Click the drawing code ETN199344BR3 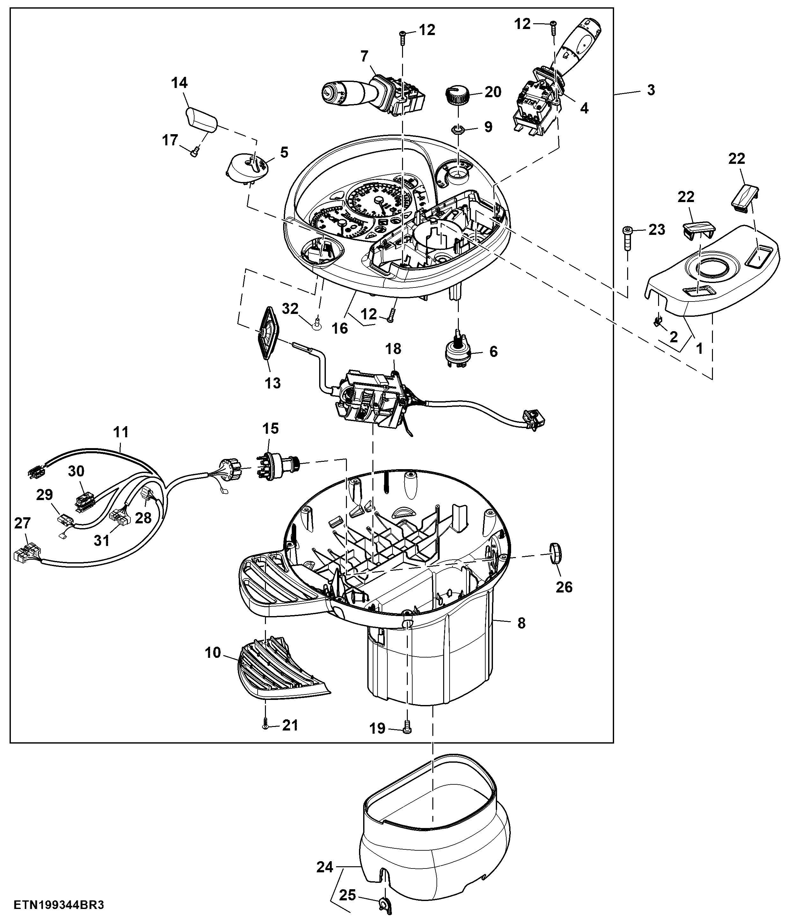click(x=59, y=905)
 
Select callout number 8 click(x=521, y=623)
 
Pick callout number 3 click(x=651, y=90)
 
